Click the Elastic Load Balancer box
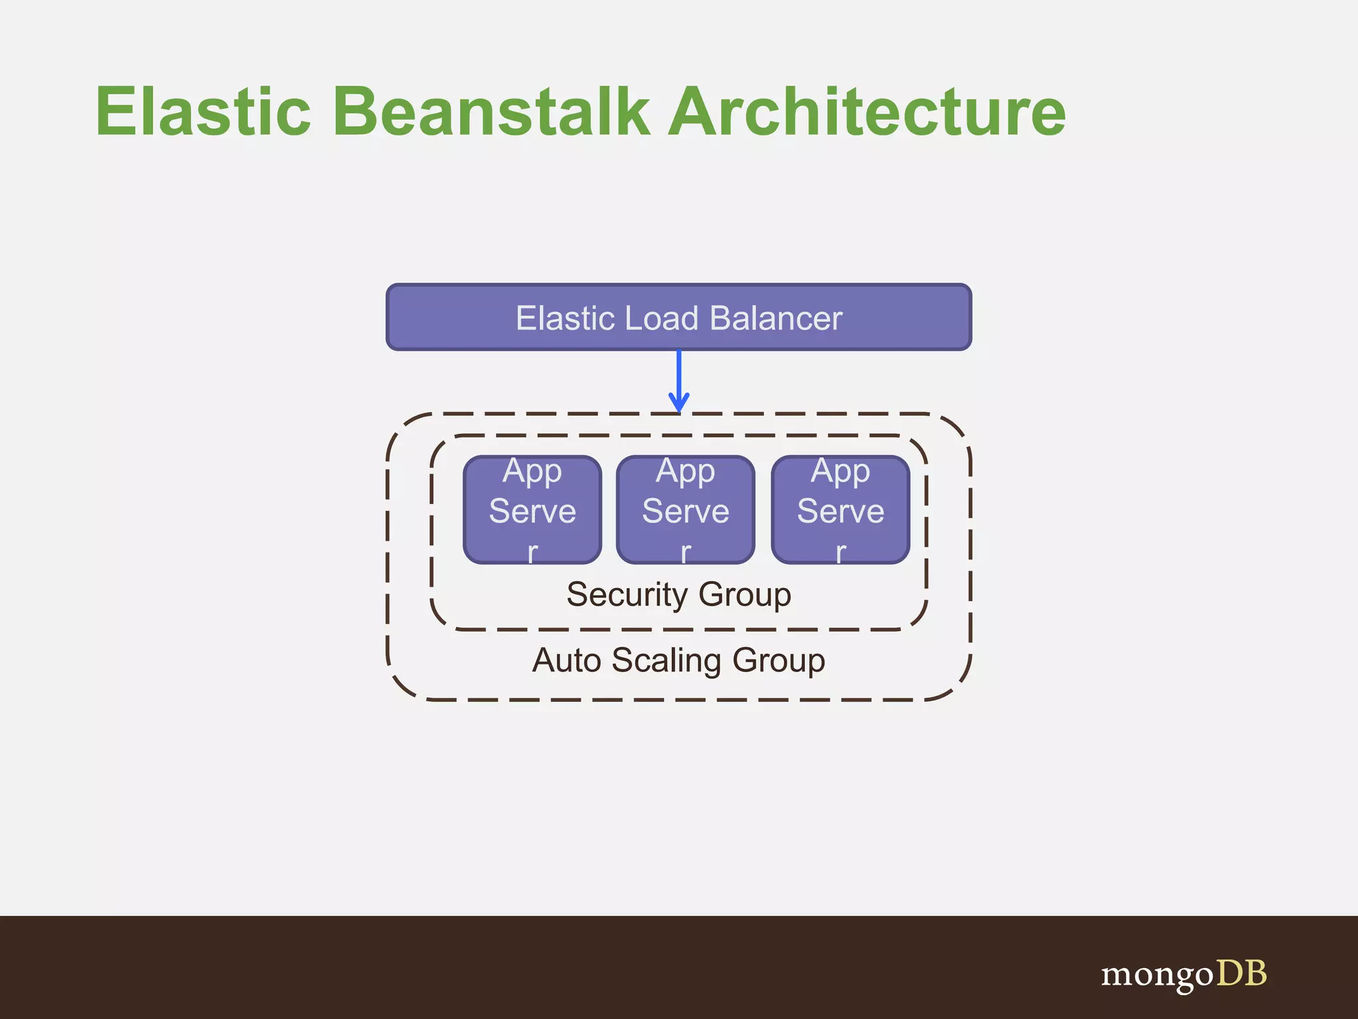click(x=678, y=317)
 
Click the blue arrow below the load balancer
click(x=678, y=378)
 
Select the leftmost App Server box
click(x=532, y=509)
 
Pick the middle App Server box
click(x=686, y=509)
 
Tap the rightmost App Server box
click(x=840, y=509)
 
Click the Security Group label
click(x=678, y=594)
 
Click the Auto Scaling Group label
click(x=678, y=660)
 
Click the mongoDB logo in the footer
click(x=1184, y=974)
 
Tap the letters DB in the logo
click(x=1241, y=973)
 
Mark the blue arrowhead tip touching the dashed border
click(x=678, y=410)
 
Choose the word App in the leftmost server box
click(x=532, y=472)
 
